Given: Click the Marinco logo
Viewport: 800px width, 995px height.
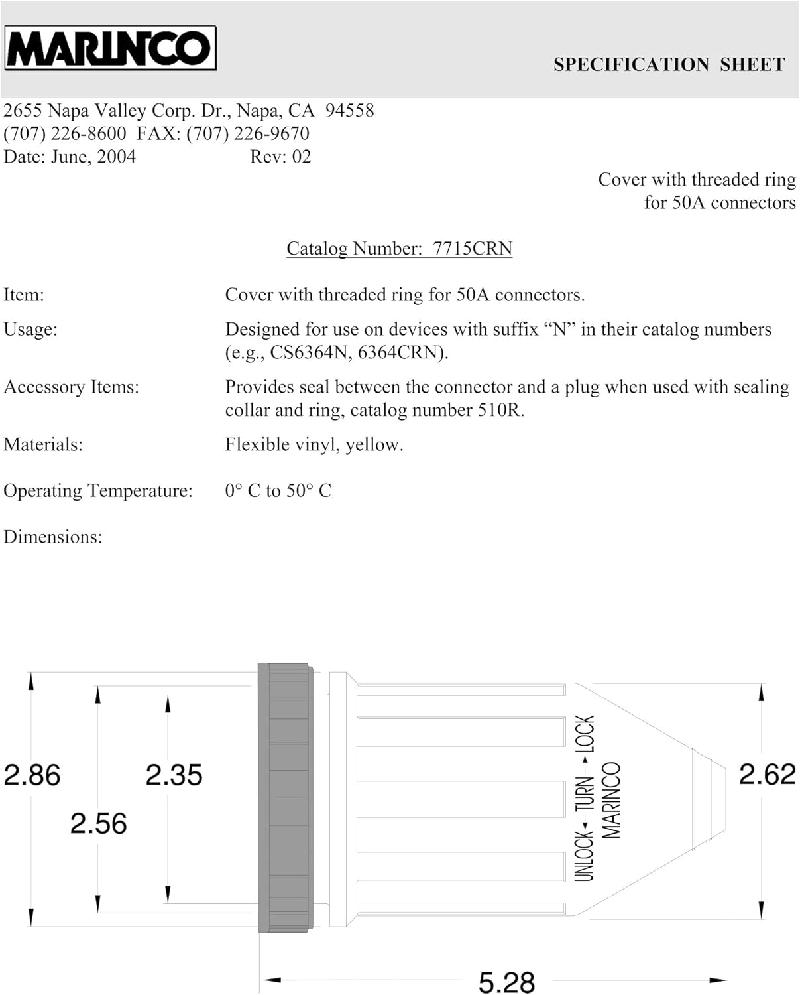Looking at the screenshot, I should [110, 48].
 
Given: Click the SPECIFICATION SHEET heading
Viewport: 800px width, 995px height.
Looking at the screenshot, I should [669, 64].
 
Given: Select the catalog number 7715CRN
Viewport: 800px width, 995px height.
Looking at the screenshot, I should [473, 248].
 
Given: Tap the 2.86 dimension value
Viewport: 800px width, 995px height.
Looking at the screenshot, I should [32, 775].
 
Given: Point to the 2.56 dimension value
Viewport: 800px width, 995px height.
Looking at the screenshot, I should [98, 823].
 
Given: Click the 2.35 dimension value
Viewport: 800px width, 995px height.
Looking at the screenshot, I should [174, 775].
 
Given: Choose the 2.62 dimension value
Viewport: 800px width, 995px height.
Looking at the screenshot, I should [767, 774].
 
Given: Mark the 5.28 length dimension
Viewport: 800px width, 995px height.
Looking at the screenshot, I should [506, 982].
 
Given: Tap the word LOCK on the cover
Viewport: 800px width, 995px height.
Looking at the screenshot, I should [585, 733].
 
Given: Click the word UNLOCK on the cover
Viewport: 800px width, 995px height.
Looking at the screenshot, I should [584, 856].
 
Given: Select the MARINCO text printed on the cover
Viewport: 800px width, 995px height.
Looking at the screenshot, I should [611, 801].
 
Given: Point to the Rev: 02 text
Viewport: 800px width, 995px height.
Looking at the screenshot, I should [280, 157].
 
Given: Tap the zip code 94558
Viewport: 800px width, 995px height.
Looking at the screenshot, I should [349, 110].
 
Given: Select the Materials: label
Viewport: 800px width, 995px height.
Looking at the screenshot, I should [43, 444].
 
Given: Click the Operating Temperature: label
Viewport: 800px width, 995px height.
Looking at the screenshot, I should [98, 490].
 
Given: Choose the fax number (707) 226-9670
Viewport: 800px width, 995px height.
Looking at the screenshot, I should [247, 133].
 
